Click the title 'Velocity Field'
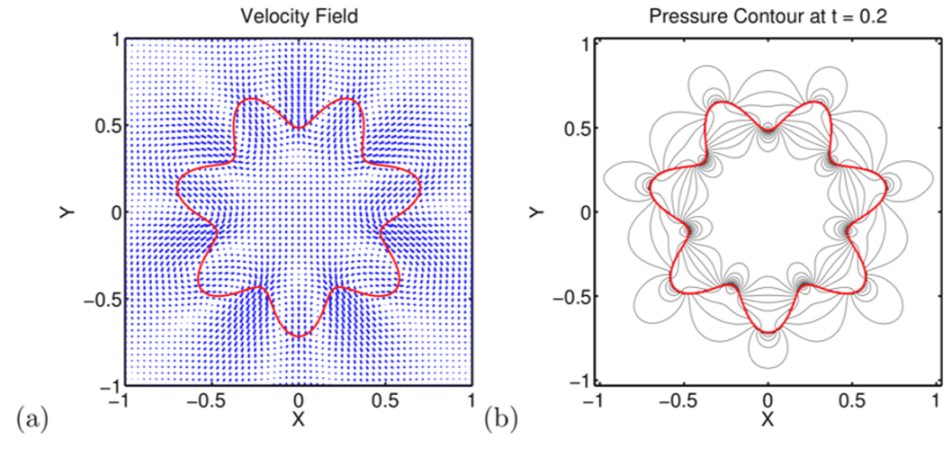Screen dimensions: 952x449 pyautogui.click(x=298, y=17)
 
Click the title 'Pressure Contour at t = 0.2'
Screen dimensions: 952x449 pyautogui.click(x=768, y=17)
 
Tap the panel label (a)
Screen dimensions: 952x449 pyautogui.click(x=23, y=417)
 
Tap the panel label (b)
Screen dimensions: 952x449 pyautogui.click(x=500, y=417)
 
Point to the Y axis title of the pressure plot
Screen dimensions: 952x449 pyautogui.click(x=536, y=211)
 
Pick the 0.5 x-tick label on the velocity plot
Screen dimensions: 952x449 pyautogui.click(x=385, y=401)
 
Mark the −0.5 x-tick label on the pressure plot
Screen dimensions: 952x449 pyautogui.click(x=678, y=401)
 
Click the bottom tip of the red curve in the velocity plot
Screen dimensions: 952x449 pyautogui.click(x=298, y=336)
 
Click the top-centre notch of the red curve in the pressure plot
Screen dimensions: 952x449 pyautogui.click(x=768, y=130)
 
